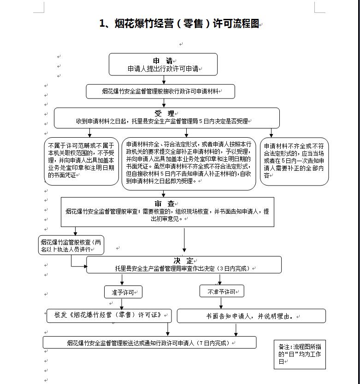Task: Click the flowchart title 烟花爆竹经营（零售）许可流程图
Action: (x=179, y=23)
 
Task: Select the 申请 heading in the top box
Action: (x=163, y=61)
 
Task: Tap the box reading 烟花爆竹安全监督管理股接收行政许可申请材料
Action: (x=160, y=92)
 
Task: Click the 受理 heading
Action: (x=164, y=113)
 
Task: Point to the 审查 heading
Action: (x=164, y=204)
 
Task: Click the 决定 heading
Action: (x=183, y=261)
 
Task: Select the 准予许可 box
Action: (x=124, y=292)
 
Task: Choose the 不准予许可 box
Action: (x=222, y=291)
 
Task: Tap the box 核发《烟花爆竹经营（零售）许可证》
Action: (x=109, y=316)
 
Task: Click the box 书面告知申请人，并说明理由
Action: (x=251, y=316)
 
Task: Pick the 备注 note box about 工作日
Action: (x=300, y=354)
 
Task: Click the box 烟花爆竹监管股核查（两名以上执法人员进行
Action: (x=71, y=245)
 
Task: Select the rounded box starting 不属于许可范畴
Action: (x=82, y=161)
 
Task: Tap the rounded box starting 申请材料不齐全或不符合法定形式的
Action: (x=294, y=161)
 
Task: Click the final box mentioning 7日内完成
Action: (x=150, y=343)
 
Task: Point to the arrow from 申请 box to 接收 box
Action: (x=164, y=80)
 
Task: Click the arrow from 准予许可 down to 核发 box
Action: (x=122, y=304)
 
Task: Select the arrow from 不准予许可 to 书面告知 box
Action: (x=221, y=303)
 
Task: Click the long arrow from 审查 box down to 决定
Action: (x=184, y=240)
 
